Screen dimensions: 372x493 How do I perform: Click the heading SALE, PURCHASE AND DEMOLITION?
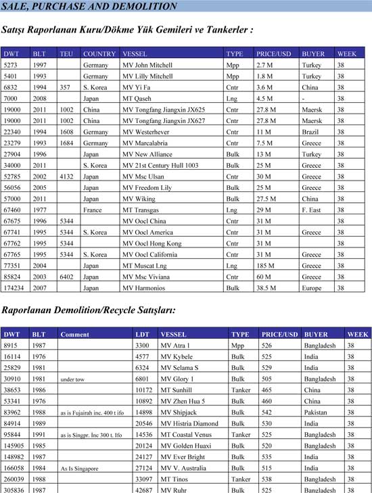click(x=89, y=7)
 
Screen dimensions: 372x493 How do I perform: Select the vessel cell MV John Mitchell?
click(x=147, y=65)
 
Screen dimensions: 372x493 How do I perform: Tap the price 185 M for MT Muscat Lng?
click(x=266, y=266)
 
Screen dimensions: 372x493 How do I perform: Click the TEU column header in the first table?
click(x=66, y=53)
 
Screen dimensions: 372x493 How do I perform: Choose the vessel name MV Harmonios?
click(x=145, y=287)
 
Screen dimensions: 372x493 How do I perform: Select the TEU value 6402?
click(x=67, y=277)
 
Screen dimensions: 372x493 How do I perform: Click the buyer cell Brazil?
click(x=311, y=132)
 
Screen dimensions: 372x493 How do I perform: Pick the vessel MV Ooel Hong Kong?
click(x=152, y=243)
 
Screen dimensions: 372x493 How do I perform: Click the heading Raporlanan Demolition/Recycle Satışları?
click(x=88, y=310)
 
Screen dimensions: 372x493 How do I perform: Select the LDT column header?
click(x=142, y=334)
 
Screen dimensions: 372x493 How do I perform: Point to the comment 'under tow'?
click(x=72, y=380)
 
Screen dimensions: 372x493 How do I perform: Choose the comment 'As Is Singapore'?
click(x=79, y=468)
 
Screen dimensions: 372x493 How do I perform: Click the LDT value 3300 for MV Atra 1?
click(x=142, y=346)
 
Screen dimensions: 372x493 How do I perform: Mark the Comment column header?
click(x=74, y=334)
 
